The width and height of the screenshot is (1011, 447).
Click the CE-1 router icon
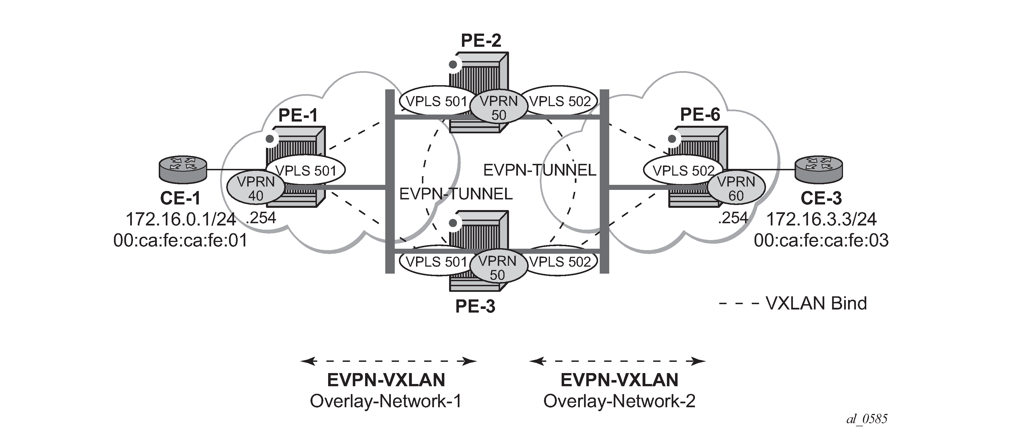coord(183,169)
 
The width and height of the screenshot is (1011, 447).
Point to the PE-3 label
coord(475,306)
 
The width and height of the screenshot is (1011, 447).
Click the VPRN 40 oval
coord(256,189)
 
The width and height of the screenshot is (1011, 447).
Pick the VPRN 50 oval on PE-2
coord(498,108)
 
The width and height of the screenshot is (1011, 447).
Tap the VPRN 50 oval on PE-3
coord(497,268)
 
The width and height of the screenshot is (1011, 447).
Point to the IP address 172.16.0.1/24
coord(181,219)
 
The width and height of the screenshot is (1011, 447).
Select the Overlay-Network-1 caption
coord(386,401)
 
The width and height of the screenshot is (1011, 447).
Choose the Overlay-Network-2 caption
coord(619,401)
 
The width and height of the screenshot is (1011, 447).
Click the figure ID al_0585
coord(867,420)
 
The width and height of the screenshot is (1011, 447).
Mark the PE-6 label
coord(700,115)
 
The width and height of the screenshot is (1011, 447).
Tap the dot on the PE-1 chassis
coord(270,139)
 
